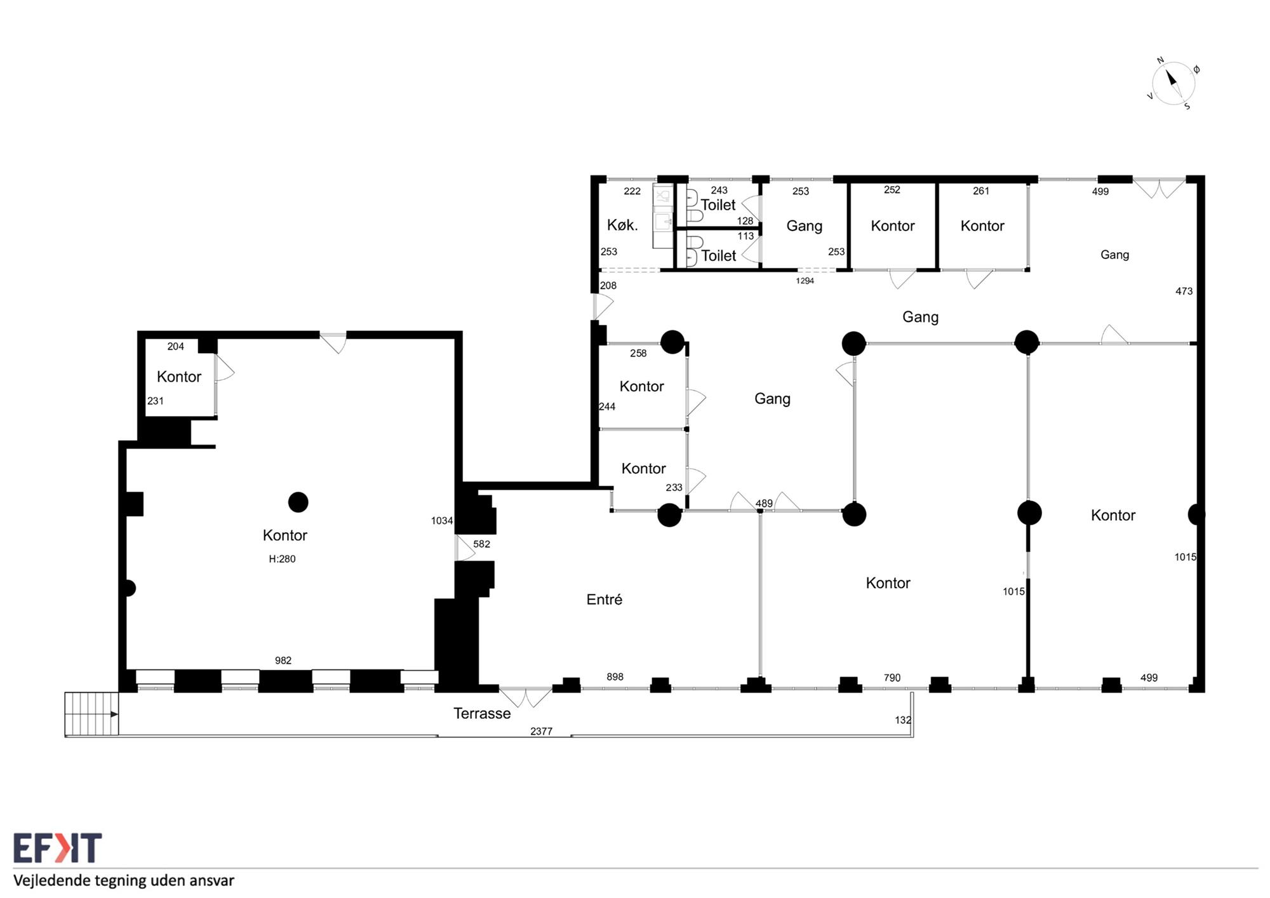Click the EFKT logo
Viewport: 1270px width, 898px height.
57,848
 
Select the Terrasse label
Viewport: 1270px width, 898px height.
482,713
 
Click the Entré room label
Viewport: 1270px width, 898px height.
604,599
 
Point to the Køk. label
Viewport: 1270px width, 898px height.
622,225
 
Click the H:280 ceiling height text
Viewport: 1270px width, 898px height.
282,559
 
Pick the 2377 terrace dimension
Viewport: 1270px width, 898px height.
541,731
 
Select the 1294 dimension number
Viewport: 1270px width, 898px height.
805,281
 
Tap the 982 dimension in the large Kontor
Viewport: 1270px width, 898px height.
283,660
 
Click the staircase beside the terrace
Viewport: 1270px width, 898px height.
91,714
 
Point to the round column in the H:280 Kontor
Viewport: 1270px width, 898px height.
298,502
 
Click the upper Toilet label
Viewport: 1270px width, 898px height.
718,204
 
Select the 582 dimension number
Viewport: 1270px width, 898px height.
481,544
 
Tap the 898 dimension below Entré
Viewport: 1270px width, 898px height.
615,677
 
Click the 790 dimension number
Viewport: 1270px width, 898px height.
892,678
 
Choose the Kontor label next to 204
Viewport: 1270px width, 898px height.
179,377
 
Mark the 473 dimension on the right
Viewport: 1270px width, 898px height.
1184,291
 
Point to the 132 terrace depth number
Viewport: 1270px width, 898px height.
903,720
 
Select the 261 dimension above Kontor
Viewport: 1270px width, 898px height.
981,191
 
